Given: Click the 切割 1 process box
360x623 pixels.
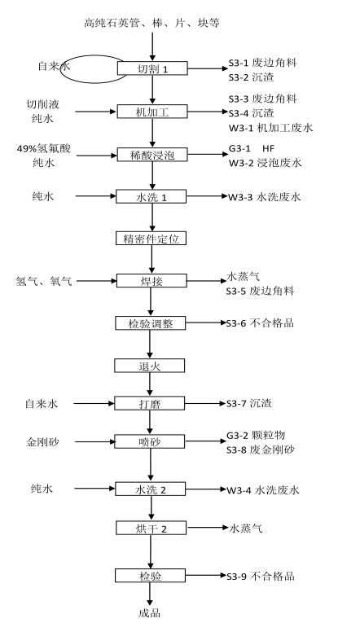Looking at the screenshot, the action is [152, 68].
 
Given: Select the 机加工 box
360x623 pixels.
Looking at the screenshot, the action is [151, 112].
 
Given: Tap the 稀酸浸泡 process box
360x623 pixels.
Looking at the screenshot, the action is [151, 155].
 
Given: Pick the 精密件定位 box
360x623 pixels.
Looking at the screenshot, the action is [151, 239].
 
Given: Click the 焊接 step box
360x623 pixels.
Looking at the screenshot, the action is [151, 281].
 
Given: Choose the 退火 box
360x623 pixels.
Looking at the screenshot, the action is [149, 366].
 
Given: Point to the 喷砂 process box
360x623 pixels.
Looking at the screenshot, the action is [149, 441].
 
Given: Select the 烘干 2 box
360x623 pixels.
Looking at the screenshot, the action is [151, 529].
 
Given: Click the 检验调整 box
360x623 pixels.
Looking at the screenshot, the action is [150, 323].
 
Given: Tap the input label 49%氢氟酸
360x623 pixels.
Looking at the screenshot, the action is [44, 148].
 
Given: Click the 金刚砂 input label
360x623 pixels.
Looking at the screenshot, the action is [43, 441].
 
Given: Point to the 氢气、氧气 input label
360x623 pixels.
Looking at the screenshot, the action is [44, 281].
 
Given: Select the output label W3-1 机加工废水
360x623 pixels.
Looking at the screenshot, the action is [270, 128].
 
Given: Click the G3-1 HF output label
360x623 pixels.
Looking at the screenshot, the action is [251, 148].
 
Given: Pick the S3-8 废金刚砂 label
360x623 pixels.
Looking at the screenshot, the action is [261, 450].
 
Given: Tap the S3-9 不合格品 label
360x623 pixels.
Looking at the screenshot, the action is [261, 576].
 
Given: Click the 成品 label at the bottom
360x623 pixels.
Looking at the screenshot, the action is [149, 612].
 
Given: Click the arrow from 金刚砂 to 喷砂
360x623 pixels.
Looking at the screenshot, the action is [94, 441].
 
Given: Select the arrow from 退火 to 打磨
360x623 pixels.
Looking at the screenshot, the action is [150, 384].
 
